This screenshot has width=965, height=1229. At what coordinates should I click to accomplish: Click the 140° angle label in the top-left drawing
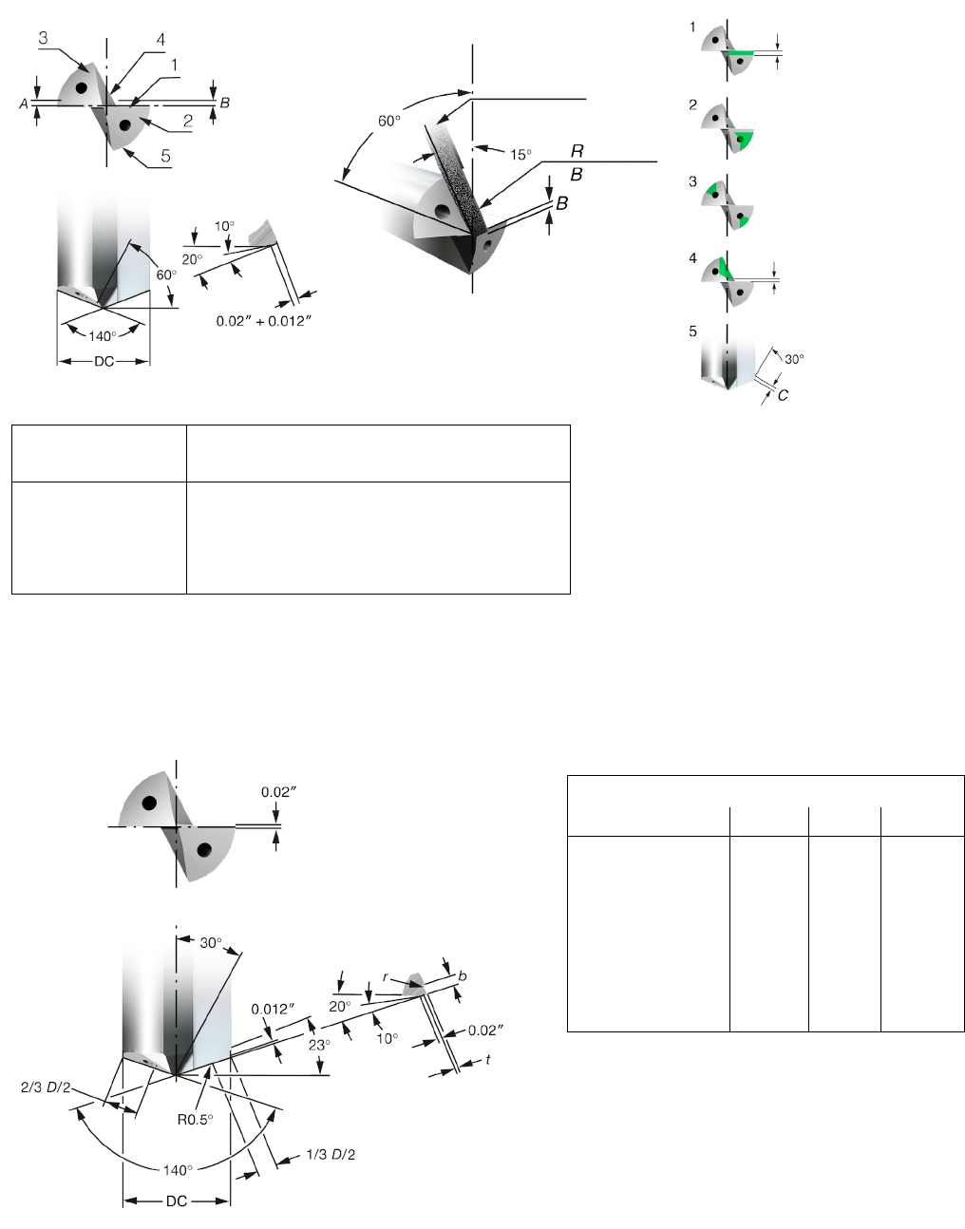102,336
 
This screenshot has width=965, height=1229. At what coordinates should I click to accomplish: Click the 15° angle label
520,155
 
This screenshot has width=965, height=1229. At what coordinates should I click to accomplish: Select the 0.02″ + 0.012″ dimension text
263,321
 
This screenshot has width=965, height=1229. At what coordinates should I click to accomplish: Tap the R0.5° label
195,1119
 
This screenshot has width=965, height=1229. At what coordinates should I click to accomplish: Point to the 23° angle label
319,1045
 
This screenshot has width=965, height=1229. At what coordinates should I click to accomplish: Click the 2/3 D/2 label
46,1087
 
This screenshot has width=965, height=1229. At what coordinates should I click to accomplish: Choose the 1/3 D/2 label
331,1154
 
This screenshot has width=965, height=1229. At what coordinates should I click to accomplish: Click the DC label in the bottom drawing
177,1201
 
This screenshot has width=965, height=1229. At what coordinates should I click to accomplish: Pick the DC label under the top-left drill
104,362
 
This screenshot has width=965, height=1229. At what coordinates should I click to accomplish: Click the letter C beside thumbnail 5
783,395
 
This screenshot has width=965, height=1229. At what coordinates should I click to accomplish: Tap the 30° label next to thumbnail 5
794,359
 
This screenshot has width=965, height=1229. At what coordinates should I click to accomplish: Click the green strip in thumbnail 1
741,52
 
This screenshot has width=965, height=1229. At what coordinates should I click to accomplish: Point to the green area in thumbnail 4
726,269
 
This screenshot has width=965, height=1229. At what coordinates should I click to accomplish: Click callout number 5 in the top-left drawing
165,156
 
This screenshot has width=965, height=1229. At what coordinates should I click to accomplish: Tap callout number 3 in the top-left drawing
43,38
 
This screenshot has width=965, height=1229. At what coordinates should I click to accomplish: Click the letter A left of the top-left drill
24,104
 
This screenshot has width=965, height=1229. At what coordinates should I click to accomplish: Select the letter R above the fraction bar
577,151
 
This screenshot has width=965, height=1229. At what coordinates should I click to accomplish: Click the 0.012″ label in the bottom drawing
273,1010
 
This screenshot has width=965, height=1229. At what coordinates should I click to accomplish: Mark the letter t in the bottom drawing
487,1059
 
